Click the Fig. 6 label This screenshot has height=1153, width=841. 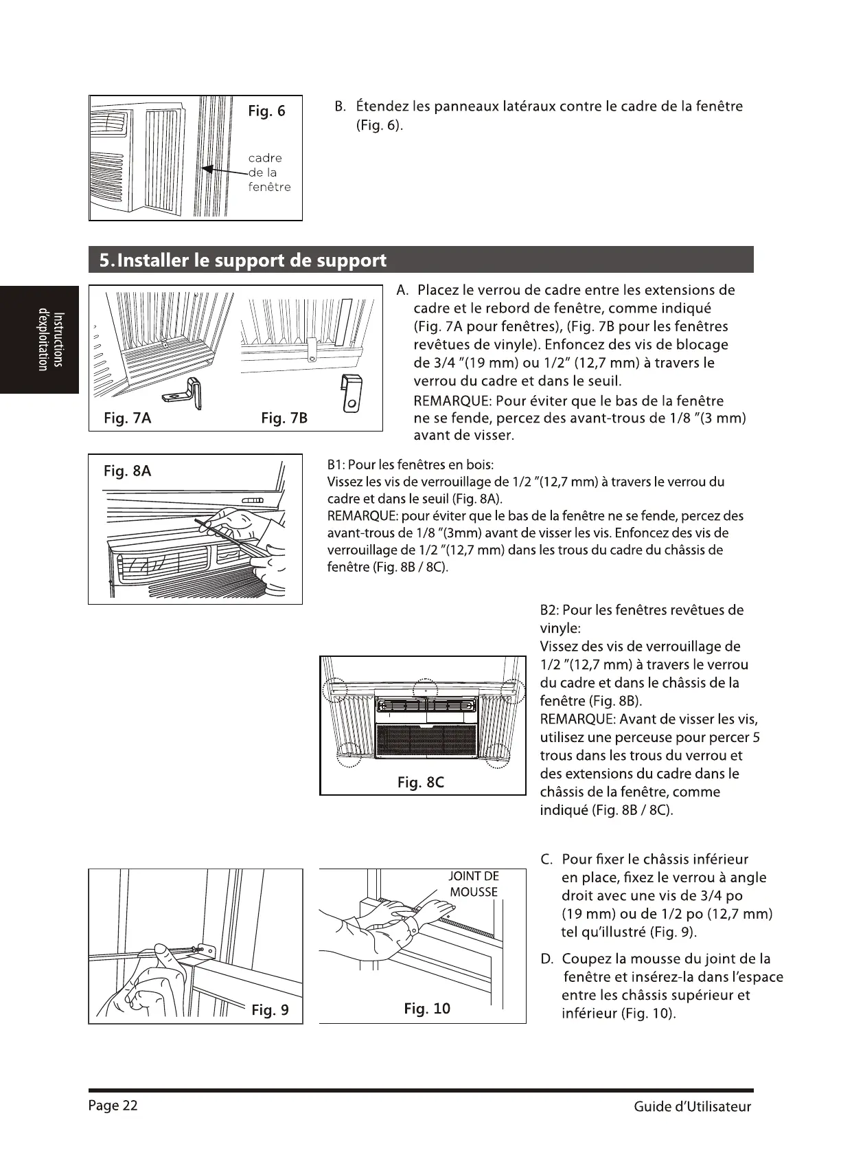(x=266, y=111)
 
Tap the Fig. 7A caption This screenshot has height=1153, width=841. (x=128, y=418)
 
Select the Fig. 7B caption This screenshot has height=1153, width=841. (x=284, y=418)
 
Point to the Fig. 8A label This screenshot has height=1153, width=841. (x=127, y=471)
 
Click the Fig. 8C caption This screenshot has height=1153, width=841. (x=421, y=782)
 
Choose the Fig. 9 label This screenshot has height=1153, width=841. (x=270, y=1009)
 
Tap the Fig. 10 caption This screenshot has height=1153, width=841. (x=427, y=1008)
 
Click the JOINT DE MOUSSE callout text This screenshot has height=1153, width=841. (x=474, y=884)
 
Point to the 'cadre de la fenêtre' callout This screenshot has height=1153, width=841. (x=268, y=172)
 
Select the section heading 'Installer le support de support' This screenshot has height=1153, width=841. (x=243, y=260)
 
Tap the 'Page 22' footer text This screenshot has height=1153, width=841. (x=113, y=1105)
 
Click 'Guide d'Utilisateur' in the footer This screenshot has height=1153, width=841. (x=692, y=1106)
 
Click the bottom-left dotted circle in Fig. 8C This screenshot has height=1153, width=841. (x=350, y=754)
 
